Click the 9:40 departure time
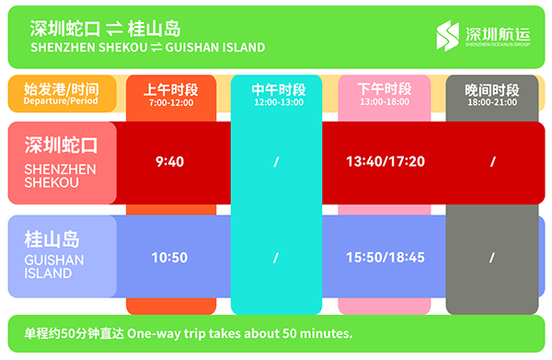tap(169, 162)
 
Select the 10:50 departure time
tap(169, 258)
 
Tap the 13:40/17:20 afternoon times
tap(385, 162)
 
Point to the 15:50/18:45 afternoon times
tap(385, 258)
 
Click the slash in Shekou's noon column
tap(276, 162)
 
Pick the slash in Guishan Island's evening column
tap(492, 258)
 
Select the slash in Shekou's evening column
tap(493, 162)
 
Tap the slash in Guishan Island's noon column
tap(276, 258)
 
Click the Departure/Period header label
tap(62, 94)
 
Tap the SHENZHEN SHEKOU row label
tap(61, 162)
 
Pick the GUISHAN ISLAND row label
tap(54, 255)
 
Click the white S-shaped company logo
tap(448, 36)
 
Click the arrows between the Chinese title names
tap(114, 29)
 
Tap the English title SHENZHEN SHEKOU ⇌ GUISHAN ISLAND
tap(148, 47)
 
